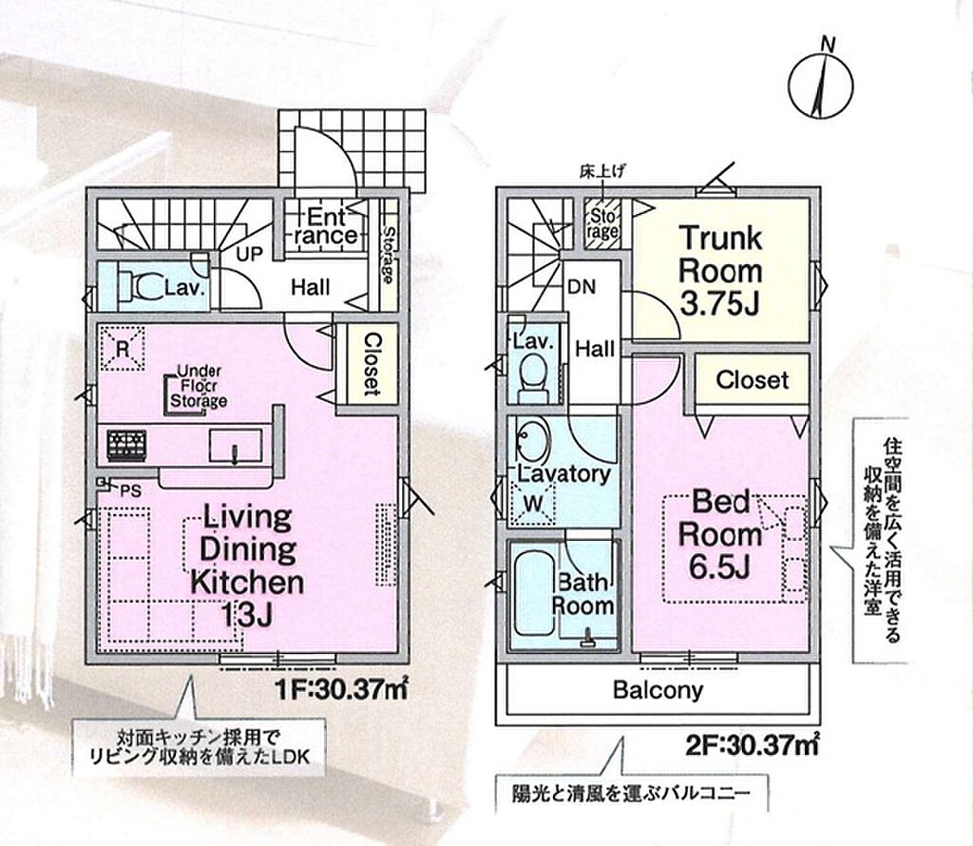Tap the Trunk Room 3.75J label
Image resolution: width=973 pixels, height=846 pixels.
click(x=720, y=271)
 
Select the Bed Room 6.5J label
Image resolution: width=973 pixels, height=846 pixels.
click(x=720, y=534)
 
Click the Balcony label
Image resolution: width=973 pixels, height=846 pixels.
click(x=658, y=690)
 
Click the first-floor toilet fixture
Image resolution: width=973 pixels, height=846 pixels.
click(x=140, y=286)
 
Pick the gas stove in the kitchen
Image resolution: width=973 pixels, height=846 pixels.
click(x=126, y=446)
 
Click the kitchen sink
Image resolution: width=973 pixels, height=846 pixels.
click(x=236, y=446)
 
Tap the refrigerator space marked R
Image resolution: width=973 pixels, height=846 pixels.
click(x=123, y=348)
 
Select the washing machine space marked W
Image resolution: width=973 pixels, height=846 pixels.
click(x=532, y=504)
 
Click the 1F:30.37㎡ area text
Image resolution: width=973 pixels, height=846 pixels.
click(x=341, y=689)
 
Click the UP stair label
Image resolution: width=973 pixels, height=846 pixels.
click(x=250, y=253)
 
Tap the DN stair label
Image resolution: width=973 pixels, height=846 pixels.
click(x=582, y=287)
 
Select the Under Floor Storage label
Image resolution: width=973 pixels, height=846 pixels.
click(x=199, y=386)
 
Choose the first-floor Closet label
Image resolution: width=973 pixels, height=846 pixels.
click(x=372, y=365)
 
